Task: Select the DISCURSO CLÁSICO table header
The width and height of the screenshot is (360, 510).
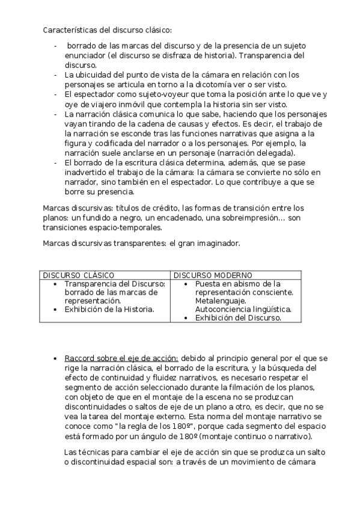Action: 78,275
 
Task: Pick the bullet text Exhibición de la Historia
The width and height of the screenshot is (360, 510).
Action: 109,309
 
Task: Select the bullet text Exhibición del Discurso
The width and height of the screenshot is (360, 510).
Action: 238,318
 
